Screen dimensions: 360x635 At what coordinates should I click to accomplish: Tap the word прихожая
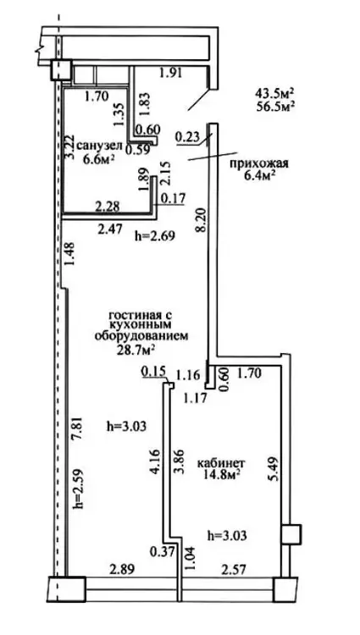click(x=258, y=163)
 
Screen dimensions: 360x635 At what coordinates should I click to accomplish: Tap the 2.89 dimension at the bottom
click(x=122, y=569)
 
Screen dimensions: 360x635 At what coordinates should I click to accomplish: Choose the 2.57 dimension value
click(x=234, y=570)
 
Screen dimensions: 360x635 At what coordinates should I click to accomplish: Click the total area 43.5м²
click(x=274, y=93)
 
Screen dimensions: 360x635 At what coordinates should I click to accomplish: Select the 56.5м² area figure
click(x=274, y=106)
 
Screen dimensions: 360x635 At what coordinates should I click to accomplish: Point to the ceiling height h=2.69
click(x=154, y=235)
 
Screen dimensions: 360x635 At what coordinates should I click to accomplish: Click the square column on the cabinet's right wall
click(x=291, y=534)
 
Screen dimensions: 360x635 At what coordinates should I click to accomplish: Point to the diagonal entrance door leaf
click(x=200, y=99)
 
